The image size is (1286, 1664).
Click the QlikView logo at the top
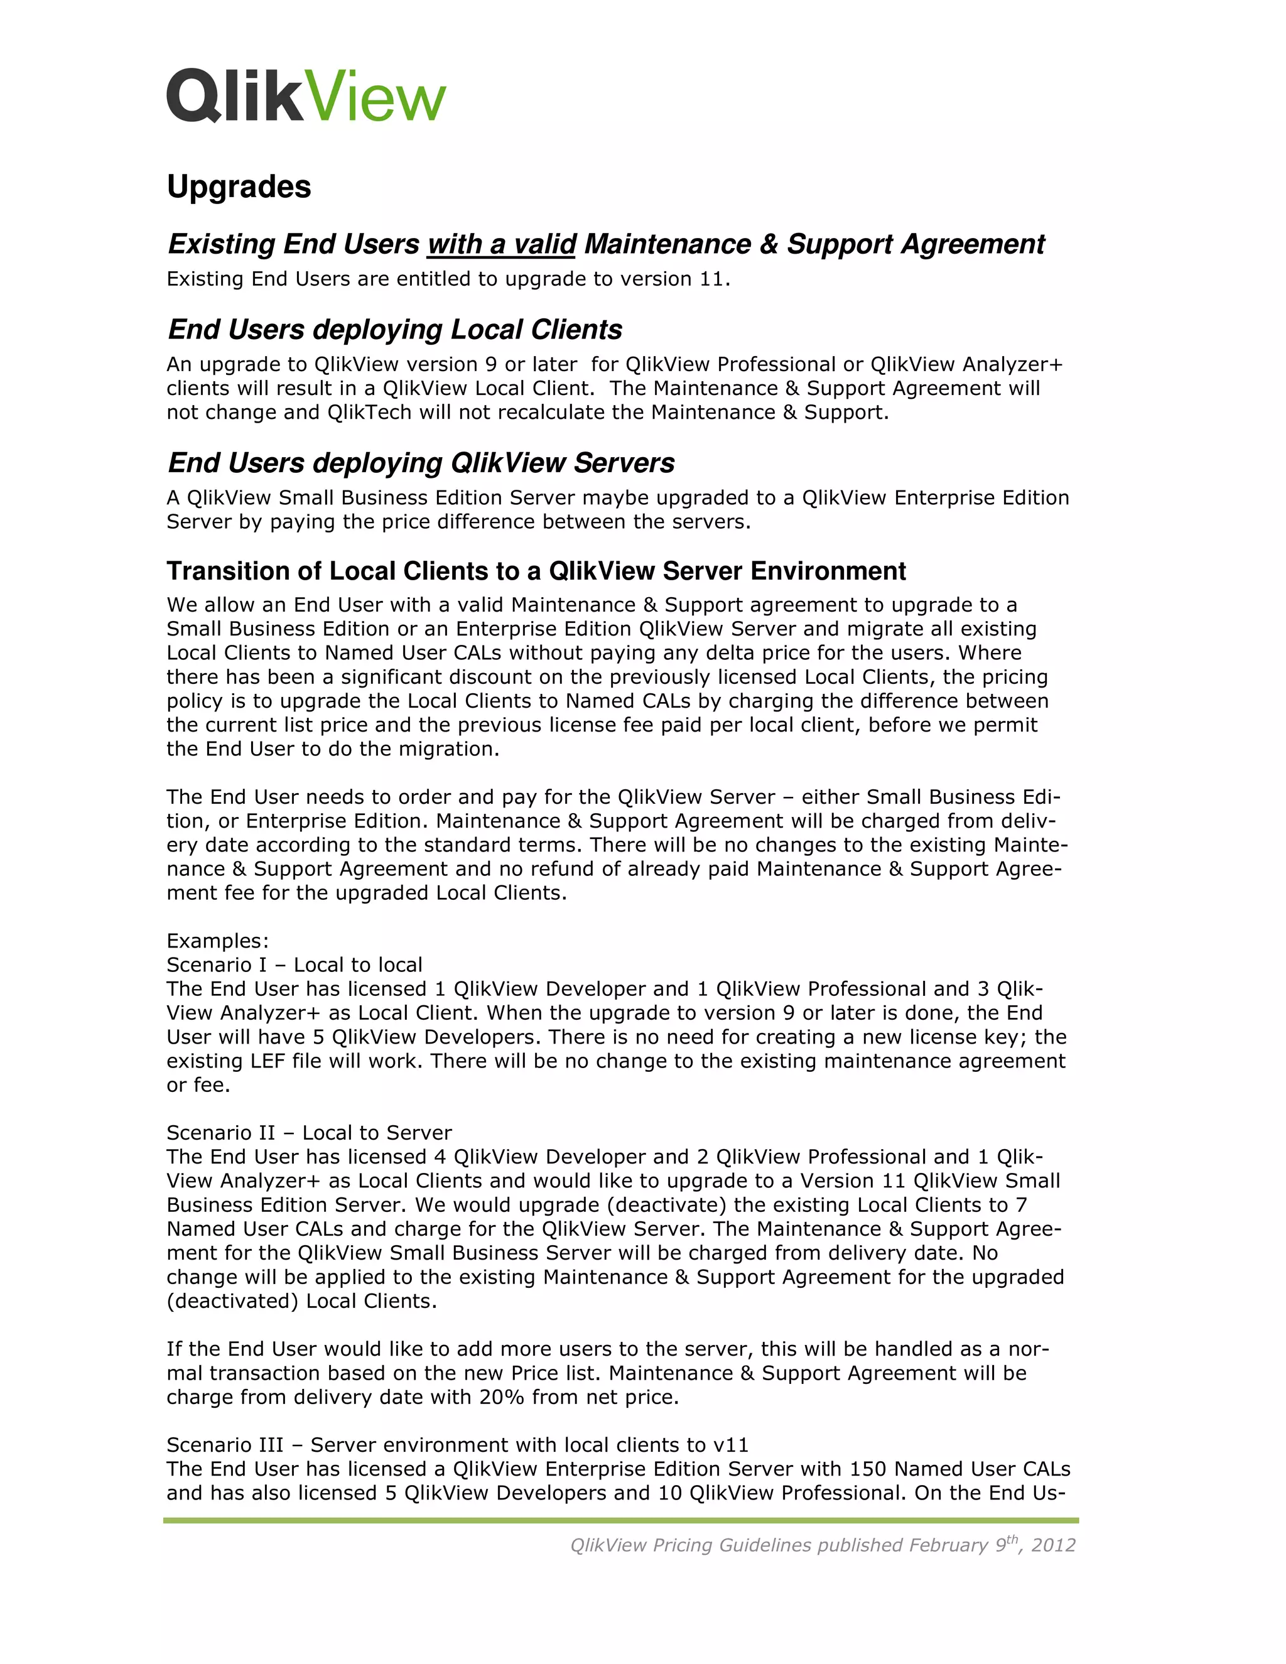click(x=306, y=95)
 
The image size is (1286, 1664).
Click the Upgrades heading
click(x=239, y=186)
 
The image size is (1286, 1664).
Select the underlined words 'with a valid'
click(x=501, y=244)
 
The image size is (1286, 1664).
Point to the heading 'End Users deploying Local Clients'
click(x=394, y=330)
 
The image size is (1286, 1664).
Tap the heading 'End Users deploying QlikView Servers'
click(x=421, y=463)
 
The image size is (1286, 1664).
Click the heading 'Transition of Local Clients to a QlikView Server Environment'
click(x=536, y=571)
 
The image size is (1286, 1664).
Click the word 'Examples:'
click(x=217, y=941)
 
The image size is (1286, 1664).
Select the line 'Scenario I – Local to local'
click(x=294, y=964)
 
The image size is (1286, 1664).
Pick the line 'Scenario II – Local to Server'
click(x=308, y=1133)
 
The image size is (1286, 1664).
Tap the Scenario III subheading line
click(x=457, y=1445)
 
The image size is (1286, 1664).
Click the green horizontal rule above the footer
click(x=620, y=1521)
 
